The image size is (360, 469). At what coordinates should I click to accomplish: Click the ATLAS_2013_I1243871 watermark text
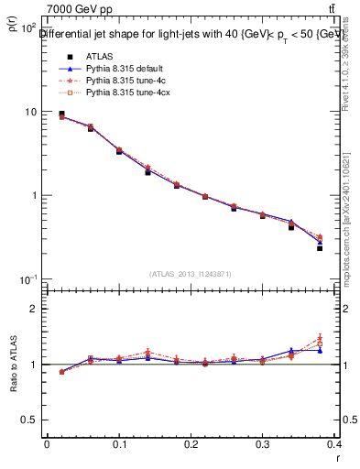[190, 274]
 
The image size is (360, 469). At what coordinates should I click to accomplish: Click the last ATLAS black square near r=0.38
[320, 248]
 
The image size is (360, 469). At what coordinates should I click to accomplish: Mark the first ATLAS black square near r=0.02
[61, 114]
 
